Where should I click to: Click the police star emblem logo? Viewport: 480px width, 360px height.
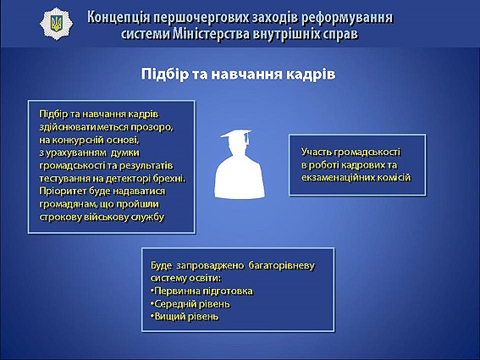(x=57, y=24)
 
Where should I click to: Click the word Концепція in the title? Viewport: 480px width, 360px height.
(x=119, y=17)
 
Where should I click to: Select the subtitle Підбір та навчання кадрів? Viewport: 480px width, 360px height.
(x=238, y=75)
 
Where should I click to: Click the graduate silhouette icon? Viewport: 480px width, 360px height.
(x=240, y=164)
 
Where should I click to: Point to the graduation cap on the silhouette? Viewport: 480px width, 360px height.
(x=236, y=135)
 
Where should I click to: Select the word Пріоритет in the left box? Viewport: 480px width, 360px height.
(x=63, y=191)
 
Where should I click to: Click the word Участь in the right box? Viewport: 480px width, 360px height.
(x=316, y=152)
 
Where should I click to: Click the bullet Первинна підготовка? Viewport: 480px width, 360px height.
(x=201, y=291)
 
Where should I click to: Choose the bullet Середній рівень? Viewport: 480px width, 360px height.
(x=190, y=304)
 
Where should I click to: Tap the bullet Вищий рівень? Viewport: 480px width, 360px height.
(x=185, y=317)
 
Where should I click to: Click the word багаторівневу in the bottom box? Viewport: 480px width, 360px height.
(x=281, y=265)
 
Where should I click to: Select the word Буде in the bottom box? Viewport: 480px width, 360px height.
(x=161, y=265)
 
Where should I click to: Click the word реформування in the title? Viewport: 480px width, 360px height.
(x=347, y=18)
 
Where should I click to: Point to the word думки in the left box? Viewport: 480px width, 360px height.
(x=125, y=152)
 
